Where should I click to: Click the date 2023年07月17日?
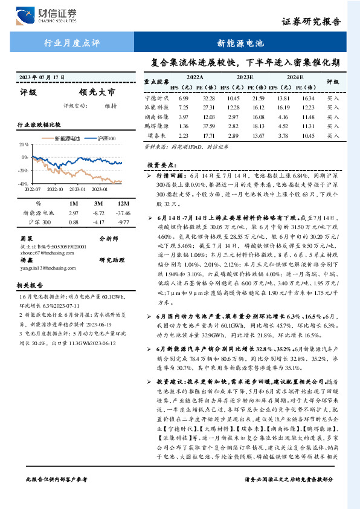click(42, 78)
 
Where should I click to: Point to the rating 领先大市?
click(96, 92)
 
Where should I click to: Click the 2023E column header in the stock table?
click(245, 77)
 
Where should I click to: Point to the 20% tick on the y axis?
click(24, 145)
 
